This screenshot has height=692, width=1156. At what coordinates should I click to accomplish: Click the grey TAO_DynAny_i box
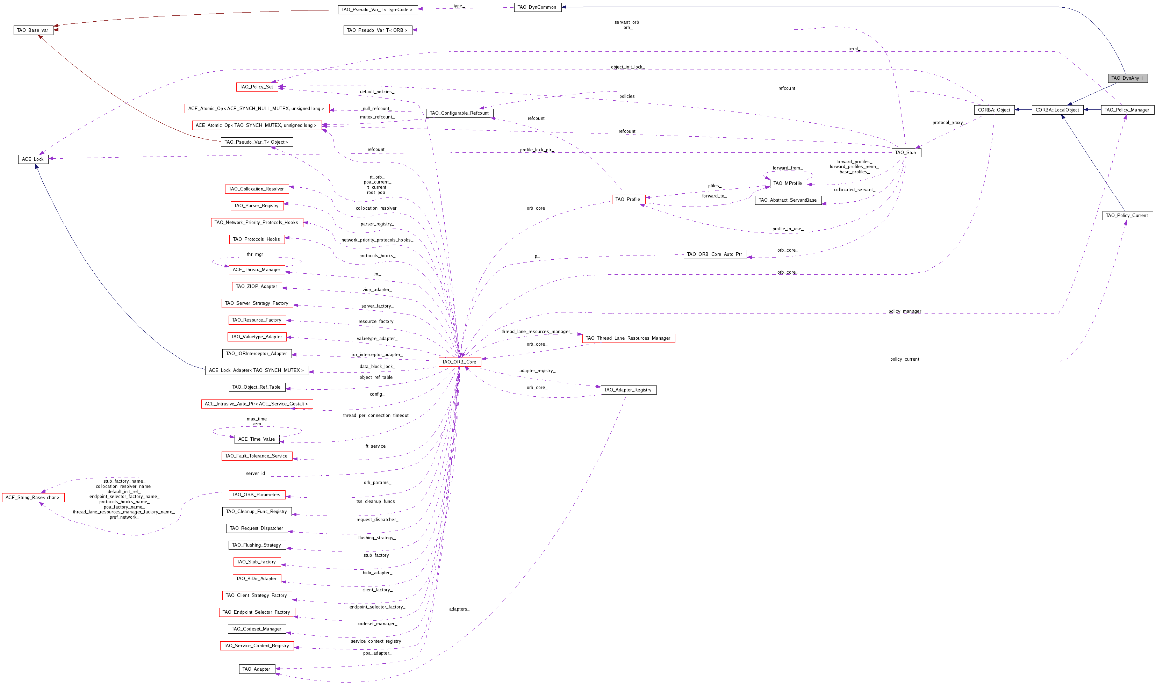[x=1127, y=78]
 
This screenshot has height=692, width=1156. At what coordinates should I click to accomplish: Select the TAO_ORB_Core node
[x=459, y=362]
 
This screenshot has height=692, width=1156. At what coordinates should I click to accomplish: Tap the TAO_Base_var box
[x=33, y=30]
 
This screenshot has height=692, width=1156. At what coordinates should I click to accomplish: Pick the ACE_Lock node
[x=33, y=159]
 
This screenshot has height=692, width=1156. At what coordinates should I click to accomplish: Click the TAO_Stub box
[x=906, y=152]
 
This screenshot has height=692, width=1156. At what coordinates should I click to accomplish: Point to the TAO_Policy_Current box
[x=1127, y=215]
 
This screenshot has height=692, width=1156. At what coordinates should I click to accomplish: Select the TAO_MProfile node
[x=788, y=183]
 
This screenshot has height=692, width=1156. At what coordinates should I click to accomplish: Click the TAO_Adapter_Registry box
[x=628, y=390]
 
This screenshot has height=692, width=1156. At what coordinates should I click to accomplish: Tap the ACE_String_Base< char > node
[x=33, y=498]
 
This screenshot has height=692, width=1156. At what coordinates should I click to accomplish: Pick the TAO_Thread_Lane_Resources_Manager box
[x=628, y=338]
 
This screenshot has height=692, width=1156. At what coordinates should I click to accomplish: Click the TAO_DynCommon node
[x=537, y=7]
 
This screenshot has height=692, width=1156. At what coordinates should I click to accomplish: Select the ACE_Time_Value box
[x=257, y=439]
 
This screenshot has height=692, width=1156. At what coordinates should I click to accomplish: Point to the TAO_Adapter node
[x=257, y=669]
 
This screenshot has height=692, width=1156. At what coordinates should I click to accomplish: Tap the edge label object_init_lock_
[x=628, y=67]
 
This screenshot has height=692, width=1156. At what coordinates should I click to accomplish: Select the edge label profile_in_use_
[x=788, y=229]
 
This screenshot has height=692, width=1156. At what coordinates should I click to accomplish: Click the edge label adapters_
[x=459, y=609]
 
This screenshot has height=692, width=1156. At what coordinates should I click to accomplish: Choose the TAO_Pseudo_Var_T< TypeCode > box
[x=378, y=9]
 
